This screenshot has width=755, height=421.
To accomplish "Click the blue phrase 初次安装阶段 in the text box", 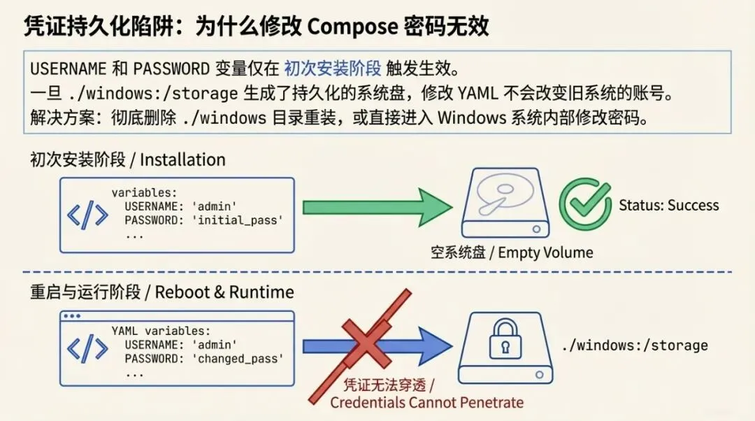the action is (332, 69).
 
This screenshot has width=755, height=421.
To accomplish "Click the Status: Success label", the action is (669, 206).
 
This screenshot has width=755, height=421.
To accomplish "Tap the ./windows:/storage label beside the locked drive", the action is (635, 345).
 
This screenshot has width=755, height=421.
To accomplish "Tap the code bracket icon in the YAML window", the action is (87, 350).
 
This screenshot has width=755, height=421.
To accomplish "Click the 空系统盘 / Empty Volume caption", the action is (512, 252).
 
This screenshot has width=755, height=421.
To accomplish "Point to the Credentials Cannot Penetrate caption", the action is (426, 402).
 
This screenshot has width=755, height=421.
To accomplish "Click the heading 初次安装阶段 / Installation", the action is (128, 160).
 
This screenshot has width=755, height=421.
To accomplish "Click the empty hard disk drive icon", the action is (505, 203).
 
